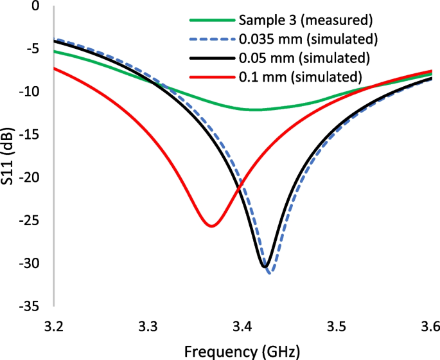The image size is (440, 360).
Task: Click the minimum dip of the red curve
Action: click(x=211, y=226)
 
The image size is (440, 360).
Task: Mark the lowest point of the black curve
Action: click(x=265, y=266)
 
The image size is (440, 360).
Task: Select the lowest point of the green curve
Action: click(x=255, y=110)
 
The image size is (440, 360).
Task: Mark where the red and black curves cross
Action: click(x=239, y=188)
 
